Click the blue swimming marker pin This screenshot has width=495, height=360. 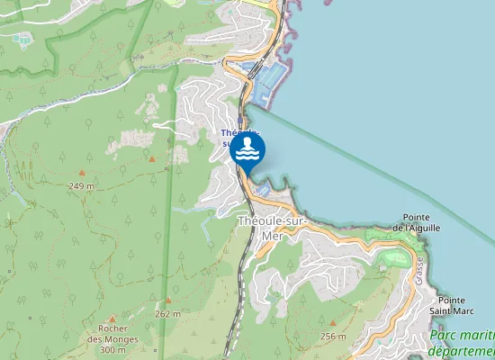[x=247, y=150]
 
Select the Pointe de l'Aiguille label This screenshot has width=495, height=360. [x=416, y=222]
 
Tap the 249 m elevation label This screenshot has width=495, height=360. [x=82, y=185]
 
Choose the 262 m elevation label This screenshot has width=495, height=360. [x=167, y=313]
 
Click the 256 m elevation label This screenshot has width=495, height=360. [x=332, y=336]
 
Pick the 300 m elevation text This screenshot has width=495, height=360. [x=113, y=349]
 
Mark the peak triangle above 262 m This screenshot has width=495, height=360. [x=167, y=301]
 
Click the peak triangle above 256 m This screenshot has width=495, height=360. [x=332, y=324]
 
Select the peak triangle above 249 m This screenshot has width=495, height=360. [x=82, y=173]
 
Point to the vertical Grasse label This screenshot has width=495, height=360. [x=419, y=269]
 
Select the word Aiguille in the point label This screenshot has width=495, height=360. [x=425, y=229]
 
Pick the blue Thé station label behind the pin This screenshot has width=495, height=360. [x=229, y=134]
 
